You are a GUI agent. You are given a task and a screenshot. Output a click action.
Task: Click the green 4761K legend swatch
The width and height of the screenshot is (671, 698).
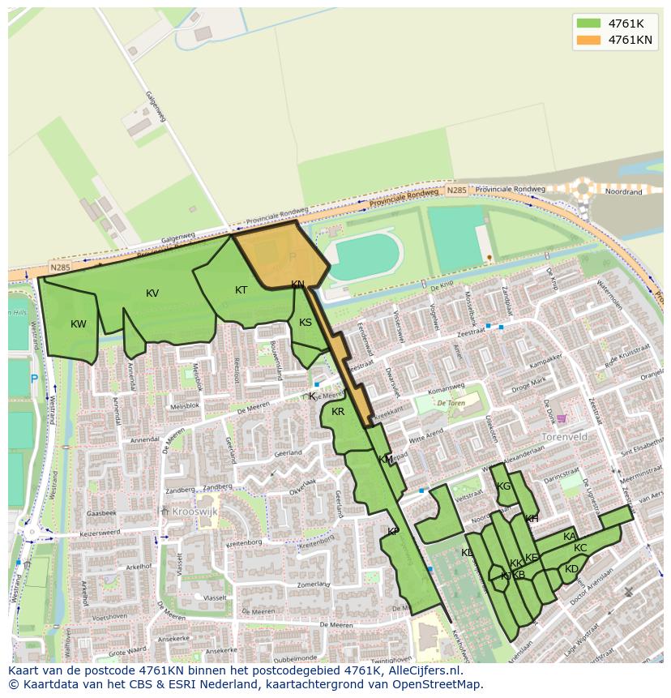point(589,23)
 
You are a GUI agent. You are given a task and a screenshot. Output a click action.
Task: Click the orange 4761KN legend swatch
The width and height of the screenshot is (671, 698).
point(589,40)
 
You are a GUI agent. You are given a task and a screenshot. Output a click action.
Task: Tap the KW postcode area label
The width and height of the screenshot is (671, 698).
point(78,324)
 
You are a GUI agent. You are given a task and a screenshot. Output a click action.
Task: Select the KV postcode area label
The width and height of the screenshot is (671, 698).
point(152,293)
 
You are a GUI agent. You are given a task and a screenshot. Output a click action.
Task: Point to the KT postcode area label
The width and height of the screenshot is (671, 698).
point(241,290)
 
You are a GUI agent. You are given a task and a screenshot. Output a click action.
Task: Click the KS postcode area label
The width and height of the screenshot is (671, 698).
point(306,323)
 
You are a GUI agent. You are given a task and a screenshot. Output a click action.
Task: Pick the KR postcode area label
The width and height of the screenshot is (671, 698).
point(338,412)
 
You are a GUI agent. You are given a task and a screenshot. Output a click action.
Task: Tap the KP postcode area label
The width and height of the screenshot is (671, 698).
point(393,532)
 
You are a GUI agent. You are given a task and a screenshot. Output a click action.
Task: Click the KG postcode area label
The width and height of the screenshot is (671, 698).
point(504,486)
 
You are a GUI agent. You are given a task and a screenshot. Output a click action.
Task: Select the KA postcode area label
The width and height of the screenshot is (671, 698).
point(570,537)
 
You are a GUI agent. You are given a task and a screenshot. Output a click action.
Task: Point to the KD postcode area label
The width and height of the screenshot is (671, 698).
point(571,569)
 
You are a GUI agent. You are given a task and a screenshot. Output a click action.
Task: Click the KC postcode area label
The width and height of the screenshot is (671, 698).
point(580,548)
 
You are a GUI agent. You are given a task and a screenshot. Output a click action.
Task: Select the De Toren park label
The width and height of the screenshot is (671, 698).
point(451,403)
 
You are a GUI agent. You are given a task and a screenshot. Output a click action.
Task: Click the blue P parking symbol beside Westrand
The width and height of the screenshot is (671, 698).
point(33,379)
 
